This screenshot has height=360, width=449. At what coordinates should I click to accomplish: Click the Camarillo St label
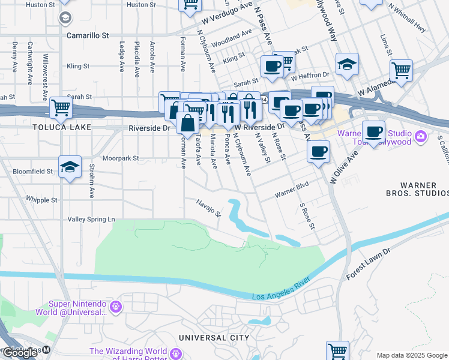pos(88,35)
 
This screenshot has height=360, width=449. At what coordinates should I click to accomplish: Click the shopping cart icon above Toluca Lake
pos(61,107)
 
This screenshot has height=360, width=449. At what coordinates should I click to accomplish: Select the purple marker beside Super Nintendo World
pos(116,307)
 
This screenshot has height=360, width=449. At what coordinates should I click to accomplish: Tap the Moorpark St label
pos(120,159)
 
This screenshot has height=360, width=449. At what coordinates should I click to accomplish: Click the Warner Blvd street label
pos(291,190)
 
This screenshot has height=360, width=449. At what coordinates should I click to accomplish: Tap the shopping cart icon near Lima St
pos(401,70)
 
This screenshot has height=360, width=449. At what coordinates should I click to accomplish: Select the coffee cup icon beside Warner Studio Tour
pos(373,131)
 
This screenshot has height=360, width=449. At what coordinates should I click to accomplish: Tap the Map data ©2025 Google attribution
pos(411,355)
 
